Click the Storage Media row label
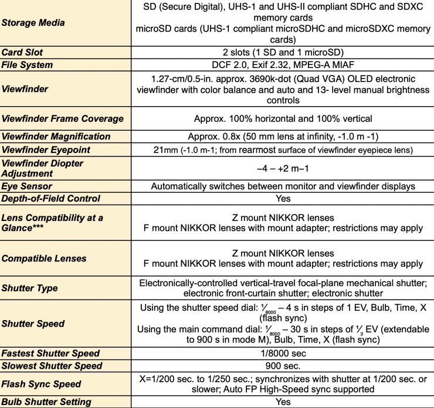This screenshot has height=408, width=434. [x=33, y=23]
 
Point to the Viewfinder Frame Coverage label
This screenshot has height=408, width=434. [x=62, y=119]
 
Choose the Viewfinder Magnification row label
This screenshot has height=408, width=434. [x=56, y=137]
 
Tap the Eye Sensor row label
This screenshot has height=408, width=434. [x=27, y=186]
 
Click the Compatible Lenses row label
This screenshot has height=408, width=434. [x=43, y=259]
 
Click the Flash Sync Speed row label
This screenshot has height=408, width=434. [x=42, y=384]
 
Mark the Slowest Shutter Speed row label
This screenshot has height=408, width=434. [x=52, y=366]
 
